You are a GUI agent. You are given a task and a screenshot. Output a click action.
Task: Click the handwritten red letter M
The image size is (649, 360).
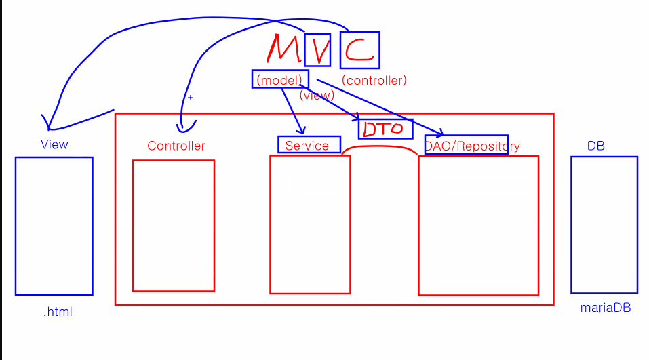283,49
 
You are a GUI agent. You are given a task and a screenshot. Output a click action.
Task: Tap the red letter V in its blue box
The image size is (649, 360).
317,50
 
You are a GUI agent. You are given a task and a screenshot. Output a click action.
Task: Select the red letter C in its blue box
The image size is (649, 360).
359,50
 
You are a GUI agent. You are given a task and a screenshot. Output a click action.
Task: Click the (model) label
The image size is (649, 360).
280,80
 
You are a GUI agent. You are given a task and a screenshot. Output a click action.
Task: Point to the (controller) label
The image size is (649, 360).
374,80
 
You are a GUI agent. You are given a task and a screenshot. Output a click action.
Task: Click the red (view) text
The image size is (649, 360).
317,96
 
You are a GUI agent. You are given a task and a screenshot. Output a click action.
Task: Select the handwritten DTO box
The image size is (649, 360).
385,129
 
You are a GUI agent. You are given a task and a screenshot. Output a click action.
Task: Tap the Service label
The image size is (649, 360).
308,145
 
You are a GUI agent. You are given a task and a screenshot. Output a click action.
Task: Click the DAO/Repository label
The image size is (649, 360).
472,146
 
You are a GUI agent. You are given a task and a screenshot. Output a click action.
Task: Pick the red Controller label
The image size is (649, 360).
176,146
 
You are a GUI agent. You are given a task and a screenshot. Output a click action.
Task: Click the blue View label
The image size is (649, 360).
54,144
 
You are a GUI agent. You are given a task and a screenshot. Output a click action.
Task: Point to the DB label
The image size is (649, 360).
596,146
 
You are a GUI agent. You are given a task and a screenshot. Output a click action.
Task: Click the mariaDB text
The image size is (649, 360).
605,307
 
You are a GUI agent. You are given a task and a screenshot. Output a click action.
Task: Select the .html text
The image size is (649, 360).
58,312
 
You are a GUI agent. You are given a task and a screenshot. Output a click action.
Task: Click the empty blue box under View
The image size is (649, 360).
54,226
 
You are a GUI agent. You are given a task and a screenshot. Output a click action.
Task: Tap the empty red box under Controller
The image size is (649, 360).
173,225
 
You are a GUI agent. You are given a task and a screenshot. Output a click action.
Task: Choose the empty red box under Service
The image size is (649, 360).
310,224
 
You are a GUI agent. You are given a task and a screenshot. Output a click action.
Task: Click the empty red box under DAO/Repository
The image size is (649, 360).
478,225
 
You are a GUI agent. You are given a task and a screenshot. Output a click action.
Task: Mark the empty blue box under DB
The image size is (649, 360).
604,224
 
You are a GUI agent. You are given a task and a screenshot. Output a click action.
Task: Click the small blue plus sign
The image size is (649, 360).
191,98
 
